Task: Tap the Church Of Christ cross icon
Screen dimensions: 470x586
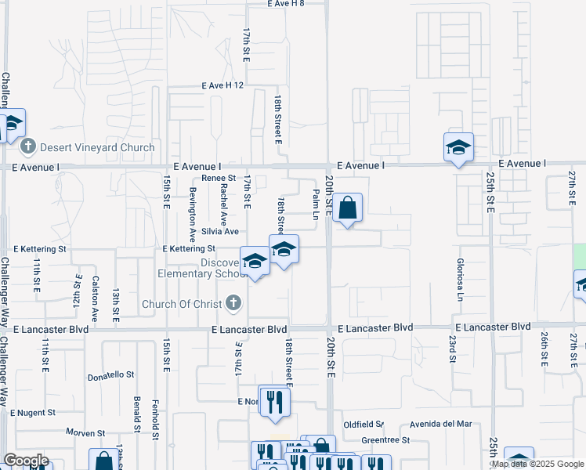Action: point(232,303)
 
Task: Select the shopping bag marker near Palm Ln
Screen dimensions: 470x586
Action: point(348,209)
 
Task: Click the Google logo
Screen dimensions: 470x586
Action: point(26,461)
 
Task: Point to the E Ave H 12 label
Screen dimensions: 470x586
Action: point(223,85)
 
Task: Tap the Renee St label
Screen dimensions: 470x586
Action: point(219,179)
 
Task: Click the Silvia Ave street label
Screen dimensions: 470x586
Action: point(220,231)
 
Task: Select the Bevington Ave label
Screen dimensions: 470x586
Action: point(192,214)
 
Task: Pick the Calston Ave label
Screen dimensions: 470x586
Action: point(96,298)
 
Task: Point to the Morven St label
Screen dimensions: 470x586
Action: point(85,432)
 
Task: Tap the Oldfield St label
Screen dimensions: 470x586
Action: point(363,425)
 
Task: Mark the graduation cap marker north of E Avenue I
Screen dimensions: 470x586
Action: point(458,146)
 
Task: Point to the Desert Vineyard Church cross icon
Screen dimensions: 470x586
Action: point(28,146)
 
